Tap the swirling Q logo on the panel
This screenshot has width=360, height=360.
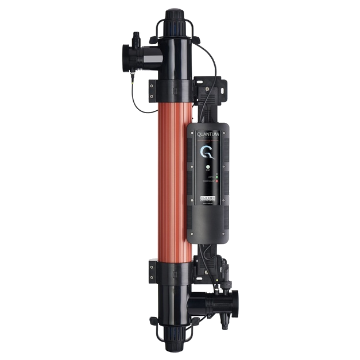point(207,152)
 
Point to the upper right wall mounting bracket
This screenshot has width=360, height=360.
point(212,86)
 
